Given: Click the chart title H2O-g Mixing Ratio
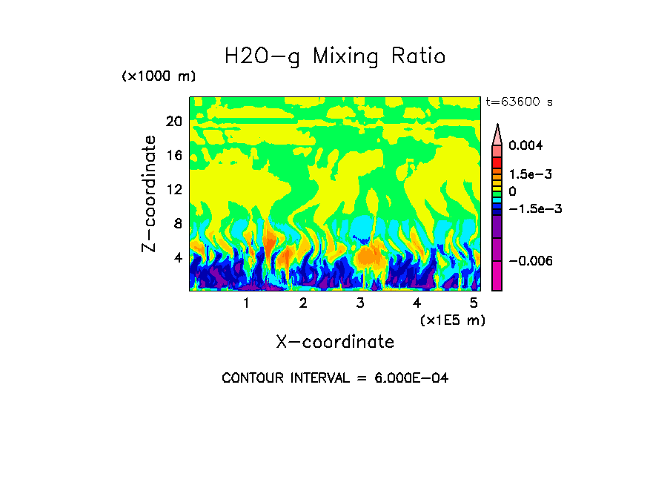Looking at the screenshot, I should click(335, 56).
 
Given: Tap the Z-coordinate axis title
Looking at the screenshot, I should click(150, 194).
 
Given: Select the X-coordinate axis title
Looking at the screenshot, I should click(335, 342).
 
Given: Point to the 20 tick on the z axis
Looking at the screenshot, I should click(174, 122).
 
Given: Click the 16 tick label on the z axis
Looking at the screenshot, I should click(174, 156).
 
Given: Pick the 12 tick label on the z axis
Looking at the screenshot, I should click(174, 190).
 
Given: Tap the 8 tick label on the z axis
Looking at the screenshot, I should click(178, 223).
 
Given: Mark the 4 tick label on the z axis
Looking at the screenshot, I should click(178, 257).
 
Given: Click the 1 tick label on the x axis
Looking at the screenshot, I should click(246, 303).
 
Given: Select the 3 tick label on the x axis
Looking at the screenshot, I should click(360, 303).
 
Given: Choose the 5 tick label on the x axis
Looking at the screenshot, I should click(474, 303).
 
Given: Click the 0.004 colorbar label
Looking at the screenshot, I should click(526, 145).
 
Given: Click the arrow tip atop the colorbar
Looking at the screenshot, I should click(497, 126).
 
